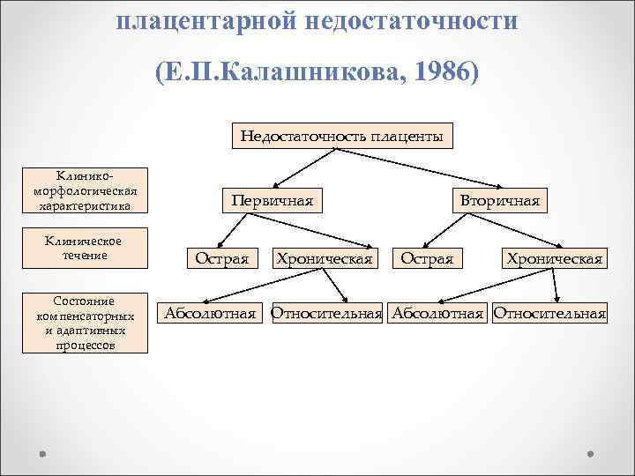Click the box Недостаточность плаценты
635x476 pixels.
point(342,137)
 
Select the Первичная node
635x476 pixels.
point(272,200)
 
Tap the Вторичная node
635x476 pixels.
point(499,200)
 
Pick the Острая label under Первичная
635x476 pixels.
point(221,258)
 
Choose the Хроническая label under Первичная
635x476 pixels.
point(325,258)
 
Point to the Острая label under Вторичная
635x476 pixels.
point(427,258)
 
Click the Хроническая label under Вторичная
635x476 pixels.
point(553,258)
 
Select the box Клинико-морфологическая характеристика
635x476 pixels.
point(86,190)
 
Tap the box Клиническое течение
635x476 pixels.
point(86,249)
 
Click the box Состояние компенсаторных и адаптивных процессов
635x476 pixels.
point(86,323)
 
